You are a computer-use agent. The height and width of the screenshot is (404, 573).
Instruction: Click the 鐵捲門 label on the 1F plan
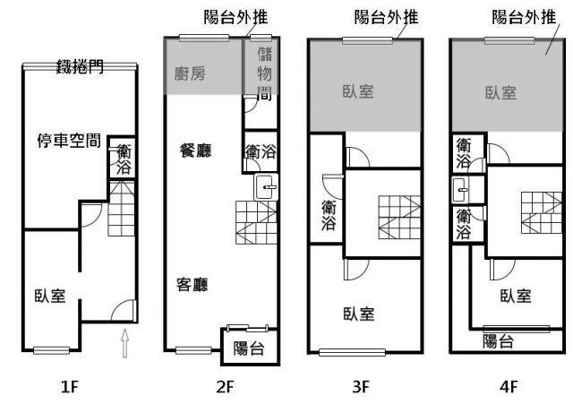(x=80, y=67)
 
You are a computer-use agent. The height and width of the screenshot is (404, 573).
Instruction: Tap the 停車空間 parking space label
(x=69, y=141)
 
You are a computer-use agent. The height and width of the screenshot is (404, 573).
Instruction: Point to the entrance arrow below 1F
(x=125, y=343)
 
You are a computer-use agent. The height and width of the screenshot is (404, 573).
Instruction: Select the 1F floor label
(x=70, y=386)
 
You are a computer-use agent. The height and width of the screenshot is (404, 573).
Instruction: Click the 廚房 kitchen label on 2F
(x=190, y=73)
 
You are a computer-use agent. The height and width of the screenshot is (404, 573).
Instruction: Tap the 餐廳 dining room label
(x=196, y=150)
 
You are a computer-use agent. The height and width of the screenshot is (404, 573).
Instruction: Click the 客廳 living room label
(x=192, y=285)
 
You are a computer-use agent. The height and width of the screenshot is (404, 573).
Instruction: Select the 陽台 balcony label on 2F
(x=249, y=348)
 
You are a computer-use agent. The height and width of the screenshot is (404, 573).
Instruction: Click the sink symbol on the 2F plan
(x=266, y=187)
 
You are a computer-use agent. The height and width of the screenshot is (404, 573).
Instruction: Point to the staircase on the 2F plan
(x=256, y=222)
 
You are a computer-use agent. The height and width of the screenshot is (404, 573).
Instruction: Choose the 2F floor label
(x=225, y=386)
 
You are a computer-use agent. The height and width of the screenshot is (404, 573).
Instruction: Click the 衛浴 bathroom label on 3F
(x=329, y=215)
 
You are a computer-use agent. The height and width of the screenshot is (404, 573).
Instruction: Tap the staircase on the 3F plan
(x=399, y=217)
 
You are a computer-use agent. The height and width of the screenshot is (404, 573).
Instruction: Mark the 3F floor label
(x=362, y=386)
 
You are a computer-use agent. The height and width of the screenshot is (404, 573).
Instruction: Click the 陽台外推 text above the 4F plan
(x=524, y=17)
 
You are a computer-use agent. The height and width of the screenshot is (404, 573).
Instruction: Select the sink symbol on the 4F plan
(x=460, y=190)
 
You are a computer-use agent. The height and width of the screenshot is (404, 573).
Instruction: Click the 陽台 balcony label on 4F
(x=498, y=341)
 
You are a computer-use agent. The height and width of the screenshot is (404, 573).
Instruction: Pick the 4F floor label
(x=509, y=386)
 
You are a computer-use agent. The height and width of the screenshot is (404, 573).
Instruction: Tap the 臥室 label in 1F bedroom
(x=50, y=296)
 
